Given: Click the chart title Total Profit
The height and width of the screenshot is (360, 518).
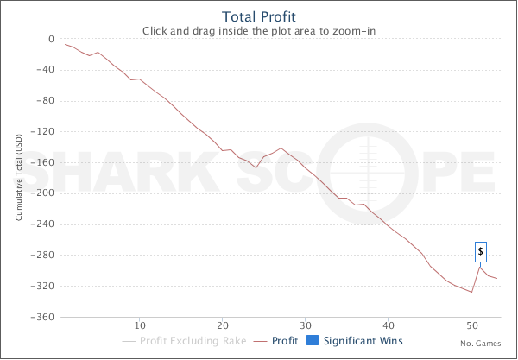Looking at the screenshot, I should (260, 16).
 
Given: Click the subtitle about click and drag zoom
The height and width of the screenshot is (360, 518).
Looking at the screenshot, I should (260, 31).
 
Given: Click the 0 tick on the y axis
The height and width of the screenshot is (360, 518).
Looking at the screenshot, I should (51, 40).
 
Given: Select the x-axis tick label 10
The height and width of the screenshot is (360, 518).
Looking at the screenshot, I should (140, 325).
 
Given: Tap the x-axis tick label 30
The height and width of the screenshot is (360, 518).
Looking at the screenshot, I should (306, 325).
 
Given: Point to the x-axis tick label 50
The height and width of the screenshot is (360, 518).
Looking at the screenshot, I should (471, 325).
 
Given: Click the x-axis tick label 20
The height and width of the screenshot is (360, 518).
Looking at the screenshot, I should (223, 325).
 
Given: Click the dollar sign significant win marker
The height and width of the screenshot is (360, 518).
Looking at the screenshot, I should (481, 251).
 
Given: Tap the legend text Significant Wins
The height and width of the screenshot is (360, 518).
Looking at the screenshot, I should (363, 340).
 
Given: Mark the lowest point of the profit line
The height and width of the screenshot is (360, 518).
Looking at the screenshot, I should (471, 292).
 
